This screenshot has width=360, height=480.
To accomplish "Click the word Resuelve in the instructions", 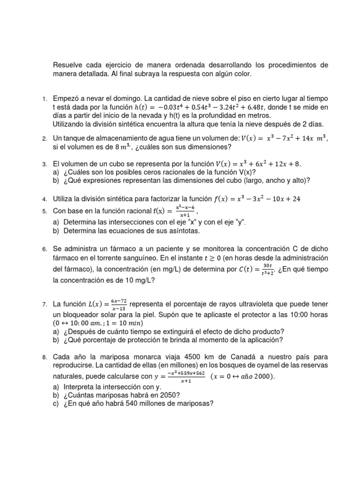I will click(67, 65).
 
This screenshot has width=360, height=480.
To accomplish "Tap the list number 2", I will click(44, 139).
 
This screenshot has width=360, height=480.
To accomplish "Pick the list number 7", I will click(44, 305).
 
